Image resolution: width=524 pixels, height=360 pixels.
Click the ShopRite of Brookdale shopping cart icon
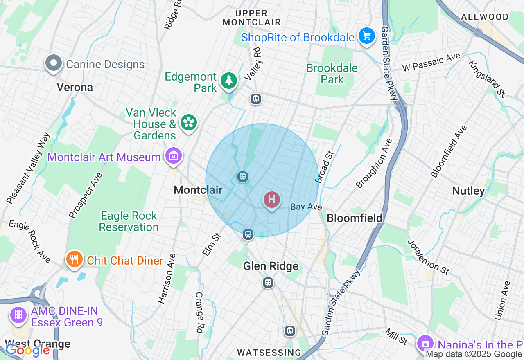coord(367,36)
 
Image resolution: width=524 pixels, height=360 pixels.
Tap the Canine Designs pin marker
coord(54,63)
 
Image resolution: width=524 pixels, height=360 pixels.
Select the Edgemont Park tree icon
coord(229,81)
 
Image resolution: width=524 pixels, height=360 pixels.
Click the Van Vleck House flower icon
coord(188,122)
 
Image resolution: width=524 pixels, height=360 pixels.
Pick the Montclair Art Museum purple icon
coord(173,156)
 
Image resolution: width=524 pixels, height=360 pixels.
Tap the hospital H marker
coord(272,200)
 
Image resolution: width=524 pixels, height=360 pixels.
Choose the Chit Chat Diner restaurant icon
coord(74,259)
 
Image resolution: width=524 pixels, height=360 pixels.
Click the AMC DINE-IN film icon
coord(18,315)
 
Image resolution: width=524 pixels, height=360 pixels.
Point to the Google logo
coord(27,350)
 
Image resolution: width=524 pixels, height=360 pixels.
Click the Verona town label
coord(75,87)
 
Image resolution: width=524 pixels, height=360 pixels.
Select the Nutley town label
coord(468,191)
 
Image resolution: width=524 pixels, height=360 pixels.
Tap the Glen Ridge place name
coord(271,266)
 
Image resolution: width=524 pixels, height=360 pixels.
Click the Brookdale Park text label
coord(332,74)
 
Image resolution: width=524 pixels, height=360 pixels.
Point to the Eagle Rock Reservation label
coord(129,221)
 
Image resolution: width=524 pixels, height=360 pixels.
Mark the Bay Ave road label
coord(306,207)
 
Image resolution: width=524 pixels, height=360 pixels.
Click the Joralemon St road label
coord(428,256)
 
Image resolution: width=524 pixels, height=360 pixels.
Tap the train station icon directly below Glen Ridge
coord(268,282)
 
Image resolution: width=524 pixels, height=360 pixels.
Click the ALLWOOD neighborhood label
coord(485,17)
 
